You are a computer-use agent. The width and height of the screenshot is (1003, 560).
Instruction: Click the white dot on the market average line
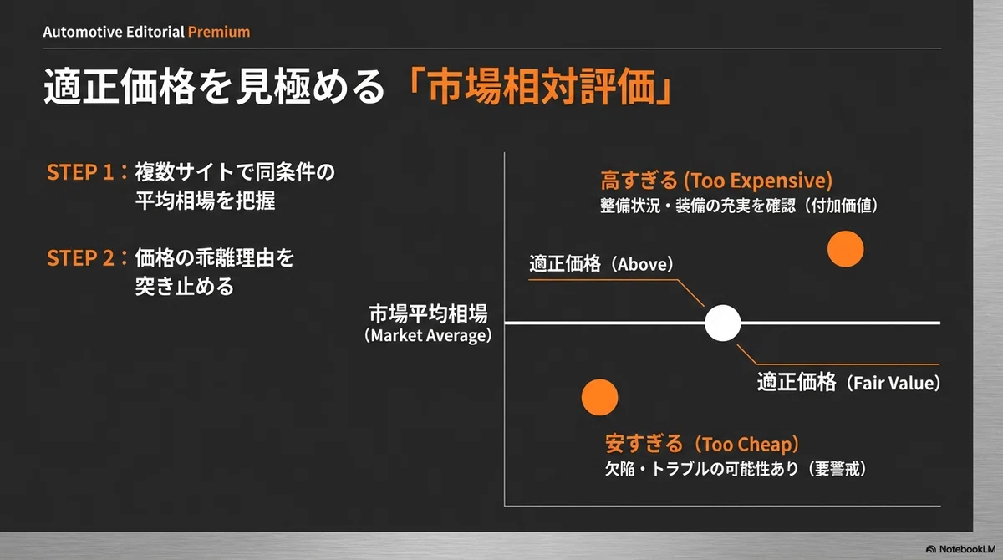point(722,323)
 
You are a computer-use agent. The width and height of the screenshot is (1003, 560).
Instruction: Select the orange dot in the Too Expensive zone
point(845,249)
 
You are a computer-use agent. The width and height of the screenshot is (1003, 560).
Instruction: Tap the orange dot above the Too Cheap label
point(599,397)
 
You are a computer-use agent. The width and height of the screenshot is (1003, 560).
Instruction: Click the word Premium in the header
point(219,32)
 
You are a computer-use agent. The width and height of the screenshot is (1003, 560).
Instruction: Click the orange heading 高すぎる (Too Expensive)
point(716,180)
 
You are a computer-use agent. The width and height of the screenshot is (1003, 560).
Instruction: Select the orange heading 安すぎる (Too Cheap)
point(702,444)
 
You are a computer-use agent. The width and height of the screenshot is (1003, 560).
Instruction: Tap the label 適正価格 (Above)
point(601,263)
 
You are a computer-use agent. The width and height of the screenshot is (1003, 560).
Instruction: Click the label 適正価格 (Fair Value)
point(849,383)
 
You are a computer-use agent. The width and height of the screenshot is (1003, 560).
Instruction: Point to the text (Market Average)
point(428,335)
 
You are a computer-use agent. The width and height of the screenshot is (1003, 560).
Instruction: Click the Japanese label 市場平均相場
point(428,313)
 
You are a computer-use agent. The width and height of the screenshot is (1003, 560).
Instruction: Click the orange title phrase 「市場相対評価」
point(540,86)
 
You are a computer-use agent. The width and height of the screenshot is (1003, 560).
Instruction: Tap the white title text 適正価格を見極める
point(215,86)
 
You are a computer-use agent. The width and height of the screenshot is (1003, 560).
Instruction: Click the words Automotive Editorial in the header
point(114,32)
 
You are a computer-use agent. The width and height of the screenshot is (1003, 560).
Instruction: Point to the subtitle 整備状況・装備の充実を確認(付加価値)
point(739,206)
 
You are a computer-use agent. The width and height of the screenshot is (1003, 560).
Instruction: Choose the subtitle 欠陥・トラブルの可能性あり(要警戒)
point(736,469)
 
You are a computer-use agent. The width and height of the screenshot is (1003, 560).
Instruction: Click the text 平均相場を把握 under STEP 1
point(206,200)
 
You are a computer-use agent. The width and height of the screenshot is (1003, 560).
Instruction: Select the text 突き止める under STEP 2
point(185,286)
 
